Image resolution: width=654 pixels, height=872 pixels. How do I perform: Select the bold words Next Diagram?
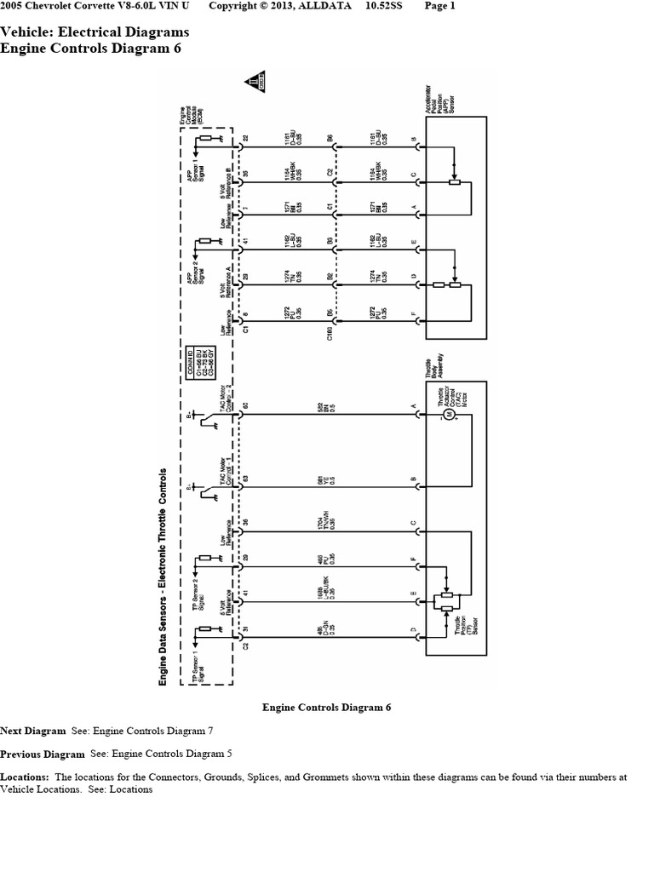pos(32,731)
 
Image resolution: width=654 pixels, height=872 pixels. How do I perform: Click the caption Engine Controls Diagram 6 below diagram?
pos(326,708)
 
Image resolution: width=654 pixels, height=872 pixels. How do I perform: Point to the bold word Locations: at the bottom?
pos(26,777)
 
